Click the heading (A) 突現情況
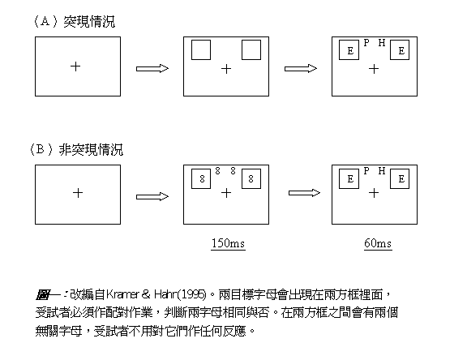74,21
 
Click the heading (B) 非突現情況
76,149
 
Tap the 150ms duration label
228,243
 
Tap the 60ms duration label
378,243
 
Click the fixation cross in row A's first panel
75,66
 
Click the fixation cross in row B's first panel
78,193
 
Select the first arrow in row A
152,69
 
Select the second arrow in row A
301,69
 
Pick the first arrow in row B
152,197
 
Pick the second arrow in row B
304,193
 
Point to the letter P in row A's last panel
366,43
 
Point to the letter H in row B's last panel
382,171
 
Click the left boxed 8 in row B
202,179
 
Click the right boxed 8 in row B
251,179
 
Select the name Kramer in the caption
122,294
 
